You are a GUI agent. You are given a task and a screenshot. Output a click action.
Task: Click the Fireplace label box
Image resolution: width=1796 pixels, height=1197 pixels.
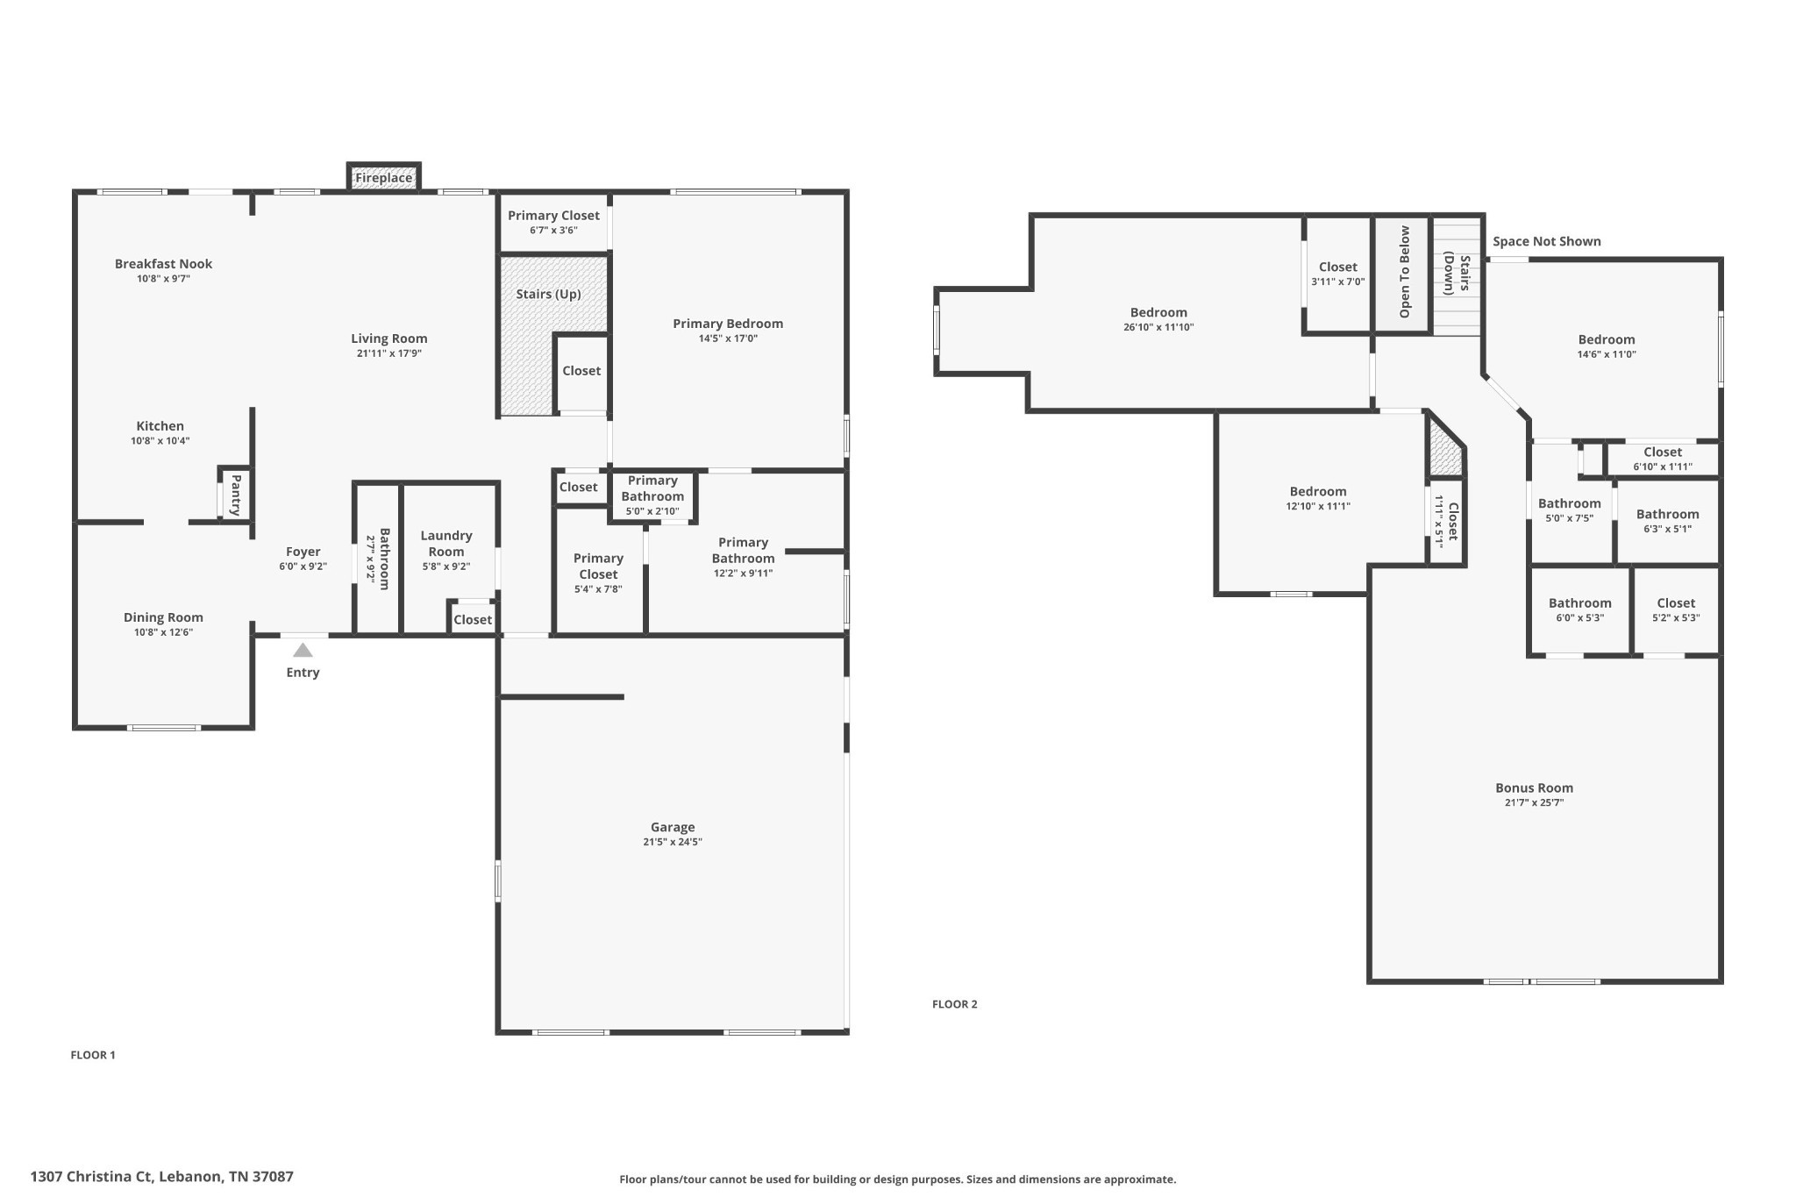pyautogui.click(x=383, y=178)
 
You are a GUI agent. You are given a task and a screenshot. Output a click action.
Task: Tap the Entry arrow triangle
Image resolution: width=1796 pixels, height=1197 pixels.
pyautogui.click(x=303, y=651)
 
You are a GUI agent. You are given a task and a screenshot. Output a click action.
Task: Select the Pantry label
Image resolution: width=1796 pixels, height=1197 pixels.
pyautogui.click(x=236, y=495)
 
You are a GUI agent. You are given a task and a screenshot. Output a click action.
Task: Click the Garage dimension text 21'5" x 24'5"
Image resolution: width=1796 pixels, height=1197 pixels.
pyautogui.click(x=673, y=842)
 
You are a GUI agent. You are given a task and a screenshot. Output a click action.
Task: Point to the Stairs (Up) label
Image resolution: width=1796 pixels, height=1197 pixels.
pyautogui.click(x=548, y=294)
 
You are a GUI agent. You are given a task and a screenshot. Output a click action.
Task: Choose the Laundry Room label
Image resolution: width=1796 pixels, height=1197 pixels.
pyautogui.click(x=446, y=543)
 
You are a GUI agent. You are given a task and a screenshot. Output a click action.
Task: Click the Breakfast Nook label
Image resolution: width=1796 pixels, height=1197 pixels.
pyautogui.click(x=163, y=263)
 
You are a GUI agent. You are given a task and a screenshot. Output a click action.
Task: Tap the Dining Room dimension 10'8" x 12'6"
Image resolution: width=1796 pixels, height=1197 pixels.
pyautogui.click(x=163, y=632)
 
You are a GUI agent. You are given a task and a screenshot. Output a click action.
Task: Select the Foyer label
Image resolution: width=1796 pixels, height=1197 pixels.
pyautogui.click(x=303, y=552)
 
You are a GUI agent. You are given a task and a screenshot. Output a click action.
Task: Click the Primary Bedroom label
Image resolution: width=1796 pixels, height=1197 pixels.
pyautogui.click(x=728, y=324)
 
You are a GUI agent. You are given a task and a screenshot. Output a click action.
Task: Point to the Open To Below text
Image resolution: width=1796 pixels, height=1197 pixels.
pyautogui.click(x=1404, y=272)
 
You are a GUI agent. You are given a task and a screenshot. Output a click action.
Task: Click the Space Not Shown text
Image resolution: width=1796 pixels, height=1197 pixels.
pyautogui.click(x=1546, y=241)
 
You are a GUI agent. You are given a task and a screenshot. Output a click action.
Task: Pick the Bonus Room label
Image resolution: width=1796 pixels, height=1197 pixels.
pyautogui.click(x=1534, y=787)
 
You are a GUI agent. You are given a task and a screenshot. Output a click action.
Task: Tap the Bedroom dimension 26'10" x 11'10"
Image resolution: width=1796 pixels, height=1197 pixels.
pyautogui.click(x=1158, y=327)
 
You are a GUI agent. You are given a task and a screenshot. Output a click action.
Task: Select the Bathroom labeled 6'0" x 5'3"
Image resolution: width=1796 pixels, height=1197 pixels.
pyautogui.click(x=1579, y=602)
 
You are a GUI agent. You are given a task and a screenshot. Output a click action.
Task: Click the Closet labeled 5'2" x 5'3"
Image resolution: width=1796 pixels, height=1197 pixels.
pyautogui.click(x=1675, y=602)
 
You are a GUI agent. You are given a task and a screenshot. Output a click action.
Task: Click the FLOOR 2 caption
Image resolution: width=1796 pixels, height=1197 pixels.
pyautogui.click(x=954, y=1004)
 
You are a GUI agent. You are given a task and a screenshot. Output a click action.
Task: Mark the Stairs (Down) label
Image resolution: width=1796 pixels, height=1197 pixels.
pyautogui.click(x=1457, y=274)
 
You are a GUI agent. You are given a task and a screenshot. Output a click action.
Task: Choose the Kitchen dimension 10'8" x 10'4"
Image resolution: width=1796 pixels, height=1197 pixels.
pyautogui.click(x=160, y=441)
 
